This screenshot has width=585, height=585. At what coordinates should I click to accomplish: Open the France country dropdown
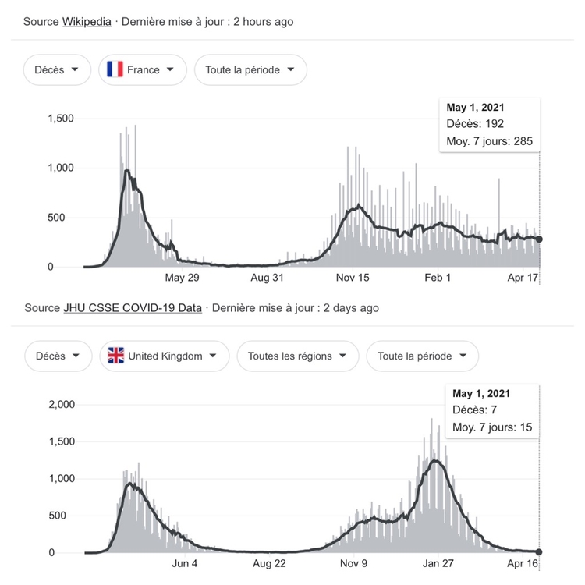(x=142, y=70)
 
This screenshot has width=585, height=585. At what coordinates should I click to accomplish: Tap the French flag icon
(x=115, y=70)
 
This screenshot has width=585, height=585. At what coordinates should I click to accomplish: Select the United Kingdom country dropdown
(x=164, y=356)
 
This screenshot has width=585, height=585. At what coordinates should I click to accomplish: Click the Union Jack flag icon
(x=116, y=356)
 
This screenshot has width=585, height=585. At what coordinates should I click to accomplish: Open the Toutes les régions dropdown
(x=297, y=356)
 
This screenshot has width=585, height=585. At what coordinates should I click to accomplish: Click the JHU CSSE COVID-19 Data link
(x=132, y=308)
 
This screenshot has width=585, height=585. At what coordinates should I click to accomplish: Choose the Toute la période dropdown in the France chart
(x=250, y=70)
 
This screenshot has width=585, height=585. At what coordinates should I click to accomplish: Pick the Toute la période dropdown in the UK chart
(x=422, y=356)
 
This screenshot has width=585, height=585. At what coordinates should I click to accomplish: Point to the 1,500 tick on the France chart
(x=60, y=119)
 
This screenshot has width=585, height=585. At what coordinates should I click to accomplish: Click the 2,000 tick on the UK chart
(x=60, y=405)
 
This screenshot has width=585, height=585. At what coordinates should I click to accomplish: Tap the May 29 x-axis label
(x=183, y=278)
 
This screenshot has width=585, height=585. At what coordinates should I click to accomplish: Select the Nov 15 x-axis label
(x=353, y=278)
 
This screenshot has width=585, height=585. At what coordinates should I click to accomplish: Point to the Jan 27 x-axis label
(x=439, y=564)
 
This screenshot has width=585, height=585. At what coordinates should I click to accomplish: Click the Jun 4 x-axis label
(x=184, y=564)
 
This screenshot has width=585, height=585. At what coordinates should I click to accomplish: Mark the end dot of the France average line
(x=540, y=239)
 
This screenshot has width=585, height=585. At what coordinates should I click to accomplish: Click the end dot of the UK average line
(x=539, y=552)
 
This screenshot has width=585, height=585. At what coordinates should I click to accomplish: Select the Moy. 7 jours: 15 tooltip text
(x=492, y=427)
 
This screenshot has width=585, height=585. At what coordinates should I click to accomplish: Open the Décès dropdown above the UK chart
(x=57, y=356)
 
